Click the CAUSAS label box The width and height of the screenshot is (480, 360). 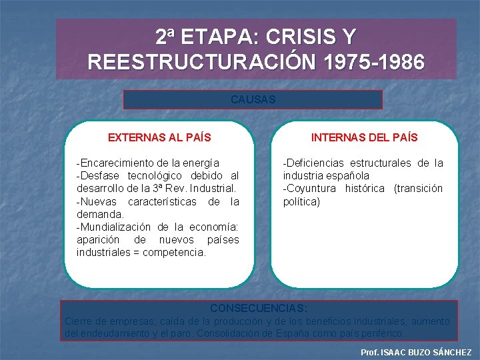[x=253, y=99]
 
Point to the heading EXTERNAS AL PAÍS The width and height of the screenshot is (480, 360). [x=159, y=138]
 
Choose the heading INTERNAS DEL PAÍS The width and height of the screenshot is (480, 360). [x=365, y=138]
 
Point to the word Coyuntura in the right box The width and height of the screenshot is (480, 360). [x=309, y=189]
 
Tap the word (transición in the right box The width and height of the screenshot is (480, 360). [x=418, y=189]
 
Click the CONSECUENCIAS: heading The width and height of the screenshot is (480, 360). [x=259, y=309]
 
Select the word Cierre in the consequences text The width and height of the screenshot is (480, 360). [x=78, y=321]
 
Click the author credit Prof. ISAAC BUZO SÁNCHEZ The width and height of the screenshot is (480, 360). [x=415, y=352]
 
